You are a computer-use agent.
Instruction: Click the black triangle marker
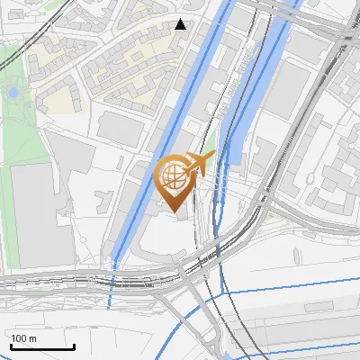click(181, 24)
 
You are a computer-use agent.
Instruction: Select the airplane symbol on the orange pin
click(199, 162)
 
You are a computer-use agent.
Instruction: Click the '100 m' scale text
click(24, 338)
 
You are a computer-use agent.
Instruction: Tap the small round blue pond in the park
click(13, 93)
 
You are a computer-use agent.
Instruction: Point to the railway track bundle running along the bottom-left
click(72, 286)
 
